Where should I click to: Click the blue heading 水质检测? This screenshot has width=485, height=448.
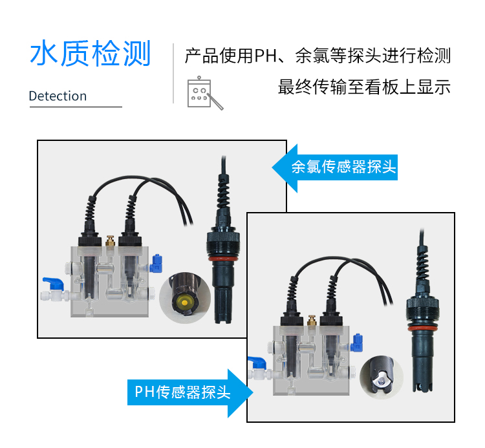(x=90, y=54)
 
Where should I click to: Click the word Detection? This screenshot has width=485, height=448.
(x=58, y=96)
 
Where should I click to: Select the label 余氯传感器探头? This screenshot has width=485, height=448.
(x=343, y=167)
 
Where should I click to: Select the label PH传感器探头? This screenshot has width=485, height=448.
(x=182, y=392)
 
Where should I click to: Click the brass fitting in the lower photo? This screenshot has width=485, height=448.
(x=312, y=320)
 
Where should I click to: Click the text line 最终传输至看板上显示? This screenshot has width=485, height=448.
(x=364, y=87)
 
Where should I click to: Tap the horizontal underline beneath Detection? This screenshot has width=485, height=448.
(x=76, y=107)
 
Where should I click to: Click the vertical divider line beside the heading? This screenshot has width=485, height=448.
(x=173, y=74)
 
